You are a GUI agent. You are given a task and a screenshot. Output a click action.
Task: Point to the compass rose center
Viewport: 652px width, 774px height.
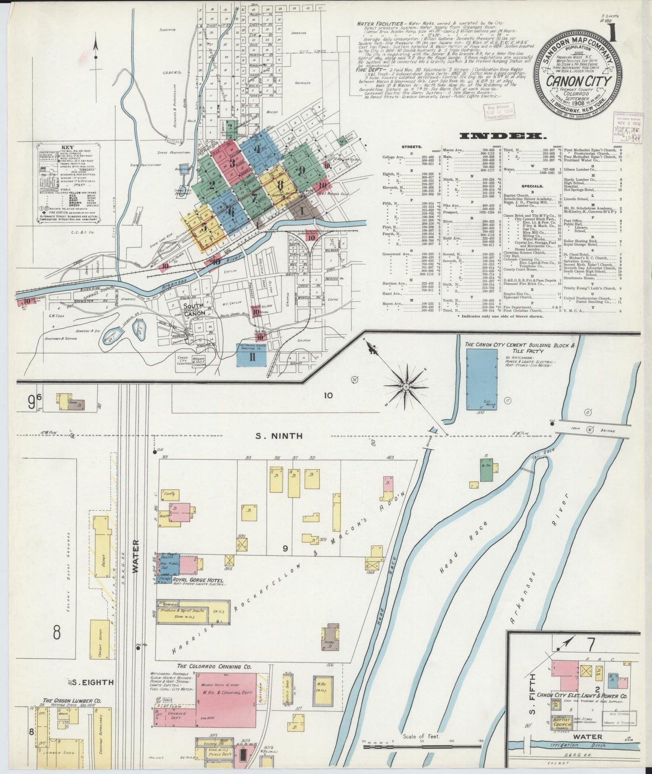click(406, 387)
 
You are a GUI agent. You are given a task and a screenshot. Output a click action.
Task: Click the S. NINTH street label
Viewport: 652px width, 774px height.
click(278, 436)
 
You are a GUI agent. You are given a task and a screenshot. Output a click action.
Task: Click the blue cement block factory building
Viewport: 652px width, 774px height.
click(481, 379)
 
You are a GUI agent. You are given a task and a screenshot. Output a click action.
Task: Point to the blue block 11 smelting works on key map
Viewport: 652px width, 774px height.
click(252, 358)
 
